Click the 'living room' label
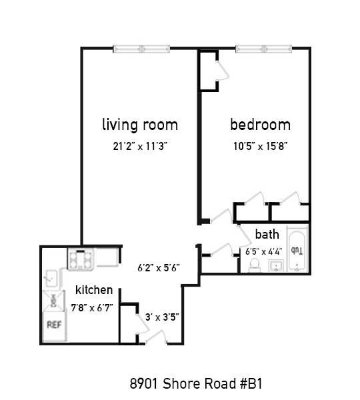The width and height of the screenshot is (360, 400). (140, 125)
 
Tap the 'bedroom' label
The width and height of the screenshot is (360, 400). (260, 125)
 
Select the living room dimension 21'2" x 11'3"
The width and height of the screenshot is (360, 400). (140, 147)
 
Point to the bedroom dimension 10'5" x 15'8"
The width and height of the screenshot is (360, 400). (261, 147)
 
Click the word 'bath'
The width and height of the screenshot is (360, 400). (267, 234)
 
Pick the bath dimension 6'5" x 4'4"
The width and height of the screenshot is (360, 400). (264, 252)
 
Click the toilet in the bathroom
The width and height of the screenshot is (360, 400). (254, 265)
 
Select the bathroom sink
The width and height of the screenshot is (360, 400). (276, 266)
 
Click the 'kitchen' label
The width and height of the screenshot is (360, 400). (94, 290)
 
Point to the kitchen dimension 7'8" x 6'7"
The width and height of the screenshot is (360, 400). (92, 308)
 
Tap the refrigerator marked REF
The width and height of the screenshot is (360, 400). (54, 326)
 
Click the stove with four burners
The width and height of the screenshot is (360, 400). (81, 259)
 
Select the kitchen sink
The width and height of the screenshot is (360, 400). (51, 278)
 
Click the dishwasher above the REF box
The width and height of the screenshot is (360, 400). (53, 301)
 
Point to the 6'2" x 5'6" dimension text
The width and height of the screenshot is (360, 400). (159, 268)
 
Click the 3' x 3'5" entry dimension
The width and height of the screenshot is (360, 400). (162, 317)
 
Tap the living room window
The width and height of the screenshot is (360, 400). (141, 49)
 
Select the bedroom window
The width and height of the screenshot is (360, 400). (263, 49)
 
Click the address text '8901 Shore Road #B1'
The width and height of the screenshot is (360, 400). (196, 383)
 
